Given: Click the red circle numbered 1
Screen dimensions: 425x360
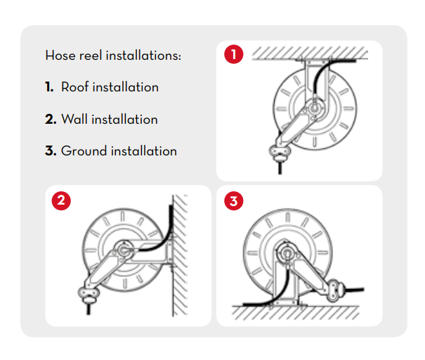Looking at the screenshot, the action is [234, 54].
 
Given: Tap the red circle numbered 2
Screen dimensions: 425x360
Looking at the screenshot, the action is [61, 201].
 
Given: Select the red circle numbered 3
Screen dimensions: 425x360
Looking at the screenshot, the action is [234, 201].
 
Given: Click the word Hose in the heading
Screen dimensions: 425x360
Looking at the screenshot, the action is [60, 56].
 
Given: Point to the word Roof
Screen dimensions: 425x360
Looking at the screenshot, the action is [75, 87].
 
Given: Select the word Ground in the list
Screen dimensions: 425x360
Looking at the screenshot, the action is [84, 151].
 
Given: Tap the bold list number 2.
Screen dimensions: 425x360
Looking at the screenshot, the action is [51, 120].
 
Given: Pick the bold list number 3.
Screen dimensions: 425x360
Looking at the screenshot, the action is [51, 151].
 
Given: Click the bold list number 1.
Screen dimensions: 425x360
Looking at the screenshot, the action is [49, 87].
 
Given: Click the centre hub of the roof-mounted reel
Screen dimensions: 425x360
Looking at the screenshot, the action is [315, 108].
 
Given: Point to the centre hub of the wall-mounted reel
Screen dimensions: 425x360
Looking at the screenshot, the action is [124, 250].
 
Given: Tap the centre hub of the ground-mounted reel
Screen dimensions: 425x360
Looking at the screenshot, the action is [286, 253].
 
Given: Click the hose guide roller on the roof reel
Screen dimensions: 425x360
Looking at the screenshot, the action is [280, 153].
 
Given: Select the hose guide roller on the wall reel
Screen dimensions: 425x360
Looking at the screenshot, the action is [89, 295].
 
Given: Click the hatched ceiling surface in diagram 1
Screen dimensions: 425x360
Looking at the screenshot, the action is [310, 53].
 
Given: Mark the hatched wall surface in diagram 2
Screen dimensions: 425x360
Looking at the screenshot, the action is [180, 255].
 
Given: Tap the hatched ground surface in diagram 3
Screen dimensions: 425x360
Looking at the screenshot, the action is [296, 313].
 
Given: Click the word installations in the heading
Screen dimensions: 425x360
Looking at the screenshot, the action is [143, 56].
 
